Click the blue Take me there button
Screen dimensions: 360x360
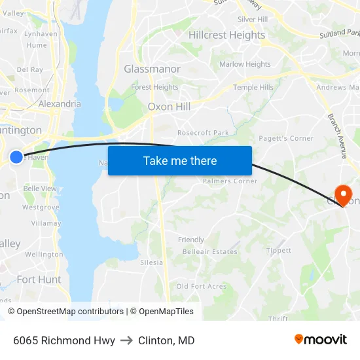[180, 161]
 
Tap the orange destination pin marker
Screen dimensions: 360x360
[342, 194]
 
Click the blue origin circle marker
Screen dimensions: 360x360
[16, 157]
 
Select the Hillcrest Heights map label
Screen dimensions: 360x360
[226, 35]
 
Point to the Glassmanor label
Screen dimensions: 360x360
[152, 69]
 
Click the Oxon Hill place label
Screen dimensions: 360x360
[169, 107]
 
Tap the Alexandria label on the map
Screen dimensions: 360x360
[60, 103]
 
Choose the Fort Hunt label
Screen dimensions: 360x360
[39, 279]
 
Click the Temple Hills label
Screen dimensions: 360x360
[253, 87]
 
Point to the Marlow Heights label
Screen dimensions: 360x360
[245, 64]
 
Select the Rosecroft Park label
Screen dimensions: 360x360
[203, 133]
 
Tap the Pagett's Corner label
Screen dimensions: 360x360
[286, 139]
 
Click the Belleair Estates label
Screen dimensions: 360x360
[209, 252]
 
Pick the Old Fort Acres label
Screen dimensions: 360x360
[201, 286]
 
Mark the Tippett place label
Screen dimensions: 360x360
[279, 251]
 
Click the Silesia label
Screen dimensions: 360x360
[151, 262]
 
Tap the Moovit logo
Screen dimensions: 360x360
[321, 340]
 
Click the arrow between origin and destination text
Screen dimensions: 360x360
[126, 340]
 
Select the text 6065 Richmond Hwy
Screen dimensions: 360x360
[64, 340]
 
